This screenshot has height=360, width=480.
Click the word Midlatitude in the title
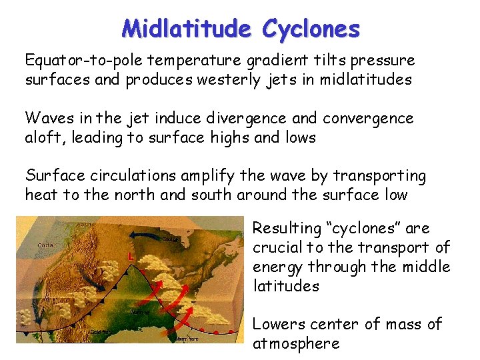pyautogui.click(x=187, y=29)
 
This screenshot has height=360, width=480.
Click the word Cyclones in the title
pyautogui.click(x=311, y=29)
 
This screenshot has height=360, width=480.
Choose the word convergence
pyautogui.click(x=368, y=119)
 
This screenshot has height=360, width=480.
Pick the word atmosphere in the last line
pyautogui.click(x=296, y=344)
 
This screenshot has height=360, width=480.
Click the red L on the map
pyautogui.click(x=131, y=256)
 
